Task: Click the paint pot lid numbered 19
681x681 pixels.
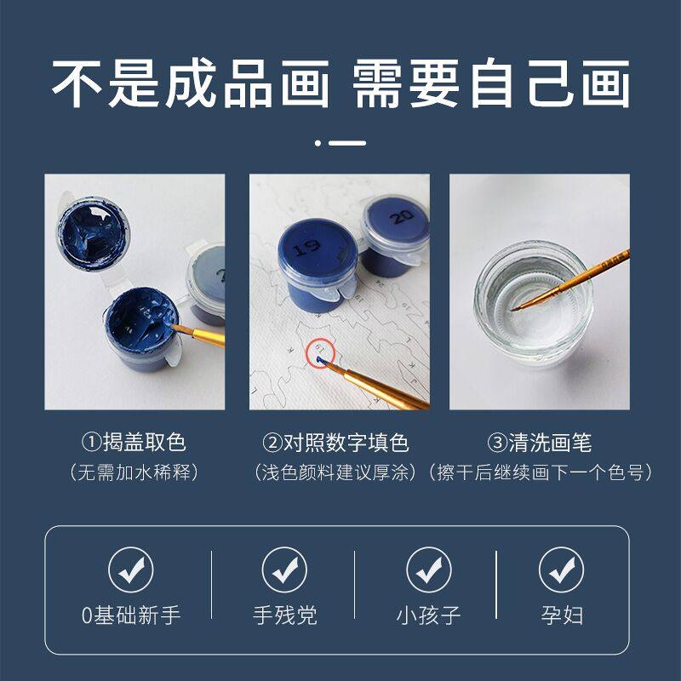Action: point(312,246)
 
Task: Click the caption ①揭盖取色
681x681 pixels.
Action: point(134,443)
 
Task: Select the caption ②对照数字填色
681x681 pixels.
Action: point(336,443)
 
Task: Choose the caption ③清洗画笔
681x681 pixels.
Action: point(540,443)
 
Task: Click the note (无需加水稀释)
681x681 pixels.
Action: point(134,472)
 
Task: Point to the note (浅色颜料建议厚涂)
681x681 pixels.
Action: point(336,472)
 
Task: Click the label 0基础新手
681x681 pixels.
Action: point(131,615)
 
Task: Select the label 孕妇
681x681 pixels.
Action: point(562,615)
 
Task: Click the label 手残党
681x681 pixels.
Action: point(284,615)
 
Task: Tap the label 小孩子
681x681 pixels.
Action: point(429,615)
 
